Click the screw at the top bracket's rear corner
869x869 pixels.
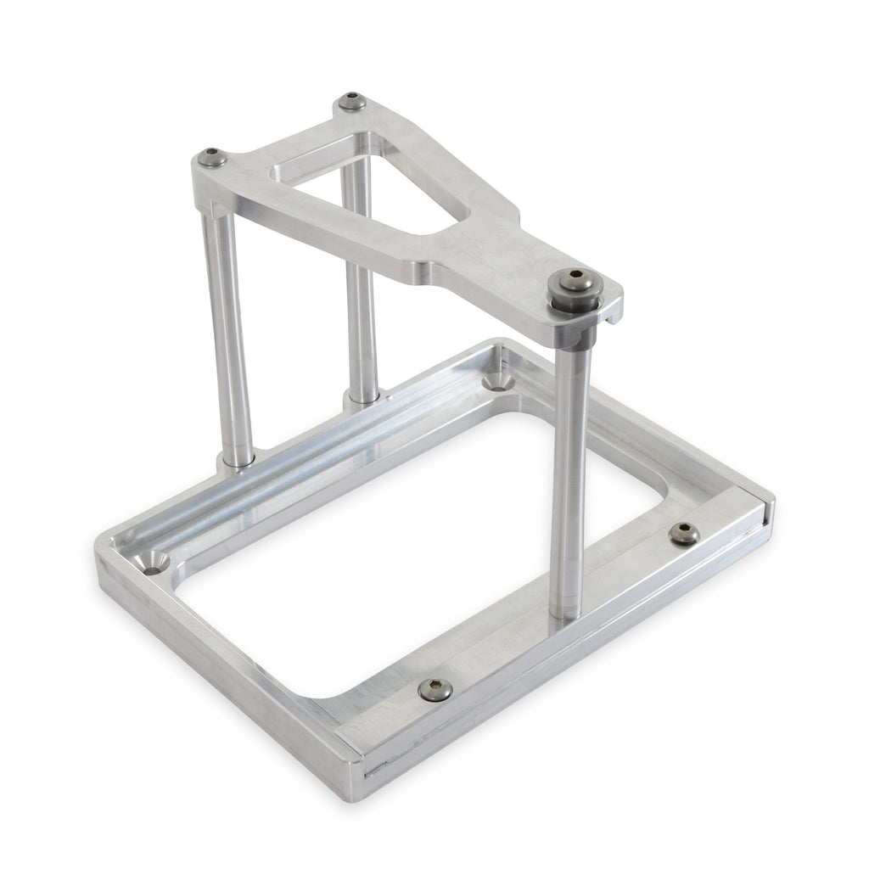point(350,103)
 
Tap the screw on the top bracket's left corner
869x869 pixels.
point(213,157)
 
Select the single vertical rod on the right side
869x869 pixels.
point(569,475)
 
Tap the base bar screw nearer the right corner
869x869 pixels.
point(683,533)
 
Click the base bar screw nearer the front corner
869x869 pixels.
point(434,690)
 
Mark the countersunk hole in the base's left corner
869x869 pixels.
point(155,563)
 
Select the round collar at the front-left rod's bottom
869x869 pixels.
point(237,461)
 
